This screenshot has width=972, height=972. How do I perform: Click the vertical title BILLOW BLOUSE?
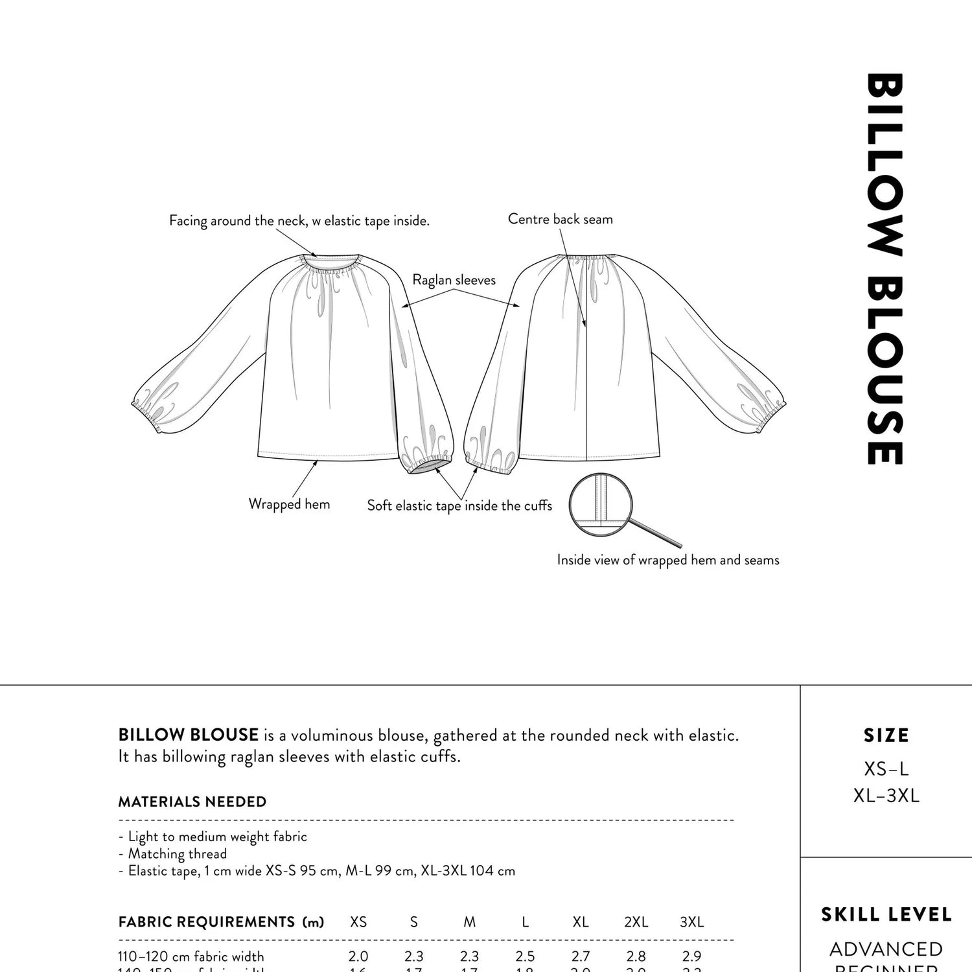tap(885, 269)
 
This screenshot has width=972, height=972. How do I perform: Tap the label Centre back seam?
tap(560, 219)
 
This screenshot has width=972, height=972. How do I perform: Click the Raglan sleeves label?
tap(454, 280)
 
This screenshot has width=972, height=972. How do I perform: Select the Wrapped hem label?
tap(289, 504)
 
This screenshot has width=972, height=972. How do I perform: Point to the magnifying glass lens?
tap(601, 505)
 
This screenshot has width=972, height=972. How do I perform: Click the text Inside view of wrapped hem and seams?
tap(667, 560)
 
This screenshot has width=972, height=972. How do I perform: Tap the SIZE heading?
tap(886, 735)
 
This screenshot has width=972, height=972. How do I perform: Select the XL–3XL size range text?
tap(886, 796)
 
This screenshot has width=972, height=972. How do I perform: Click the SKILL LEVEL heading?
tap(886, 914)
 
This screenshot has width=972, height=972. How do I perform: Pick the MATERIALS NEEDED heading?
tap(192, 802)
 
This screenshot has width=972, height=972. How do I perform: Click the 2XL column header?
tap(636, 921)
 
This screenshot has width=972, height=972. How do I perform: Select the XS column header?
tap(358, 921)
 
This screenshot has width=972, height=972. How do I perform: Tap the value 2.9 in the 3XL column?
tap(691, 956)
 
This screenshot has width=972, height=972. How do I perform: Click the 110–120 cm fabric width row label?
tap(191, 956)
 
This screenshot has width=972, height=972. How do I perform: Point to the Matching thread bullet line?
tap(174, 853)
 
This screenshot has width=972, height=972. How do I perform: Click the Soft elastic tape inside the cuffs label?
tap(459, 505)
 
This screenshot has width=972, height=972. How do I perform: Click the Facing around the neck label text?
tap(299, 221)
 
